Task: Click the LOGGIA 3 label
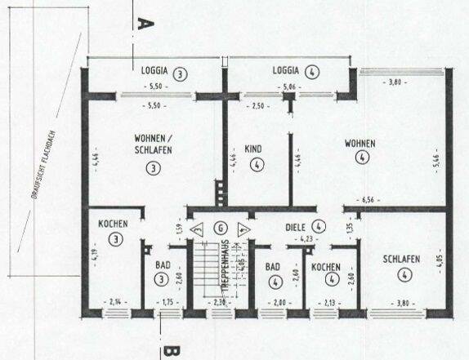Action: point(155,73)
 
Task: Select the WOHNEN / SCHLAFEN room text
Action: point(152,144)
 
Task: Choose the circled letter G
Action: point(219,228)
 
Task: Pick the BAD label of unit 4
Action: point(273,265)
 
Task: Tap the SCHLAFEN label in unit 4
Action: point(400,260)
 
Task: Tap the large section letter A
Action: point(143,26)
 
